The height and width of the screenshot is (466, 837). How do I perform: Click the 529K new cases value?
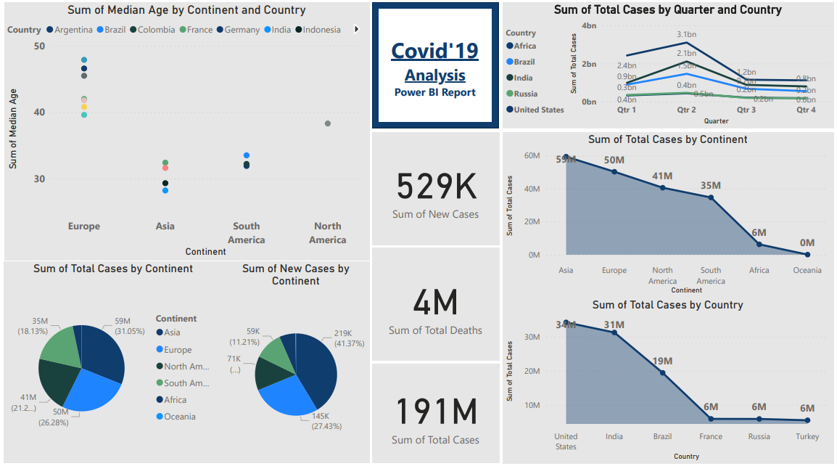(x=436, y=187)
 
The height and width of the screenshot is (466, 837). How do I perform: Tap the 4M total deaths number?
(x=435, y=302)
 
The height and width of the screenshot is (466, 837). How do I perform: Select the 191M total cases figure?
(x=435, y=412)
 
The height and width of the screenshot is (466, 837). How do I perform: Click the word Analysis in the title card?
(x=435, y=75)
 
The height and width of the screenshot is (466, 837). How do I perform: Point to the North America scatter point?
(x=328, y=123)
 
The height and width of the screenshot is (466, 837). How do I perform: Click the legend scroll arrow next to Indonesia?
(x=356, y=30)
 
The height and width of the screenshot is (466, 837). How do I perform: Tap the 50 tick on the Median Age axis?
(x=39, y=46)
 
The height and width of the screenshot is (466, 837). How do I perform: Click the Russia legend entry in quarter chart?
(x=526, y=94)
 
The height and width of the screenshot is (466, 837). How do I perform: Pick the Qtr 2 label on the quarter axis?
(x=687, y=110)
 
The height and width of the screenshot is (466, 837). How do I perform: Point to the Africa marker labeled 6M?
(x=759, y=244)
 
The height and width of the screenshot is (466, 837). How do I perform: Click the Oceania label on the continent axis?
(x=807, y=271)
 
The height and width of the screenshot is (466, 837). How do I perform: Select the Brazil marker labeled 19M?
(x=662, y=372)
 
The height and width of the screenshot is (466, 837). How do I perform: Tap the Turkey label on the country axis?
(x=807, y=437)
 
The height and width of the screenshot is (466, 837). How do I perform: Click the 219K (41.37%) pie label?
(x=349, y=338)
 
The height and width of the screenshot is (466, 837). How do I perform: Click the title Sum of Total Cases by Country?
(x=667, y=305)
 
